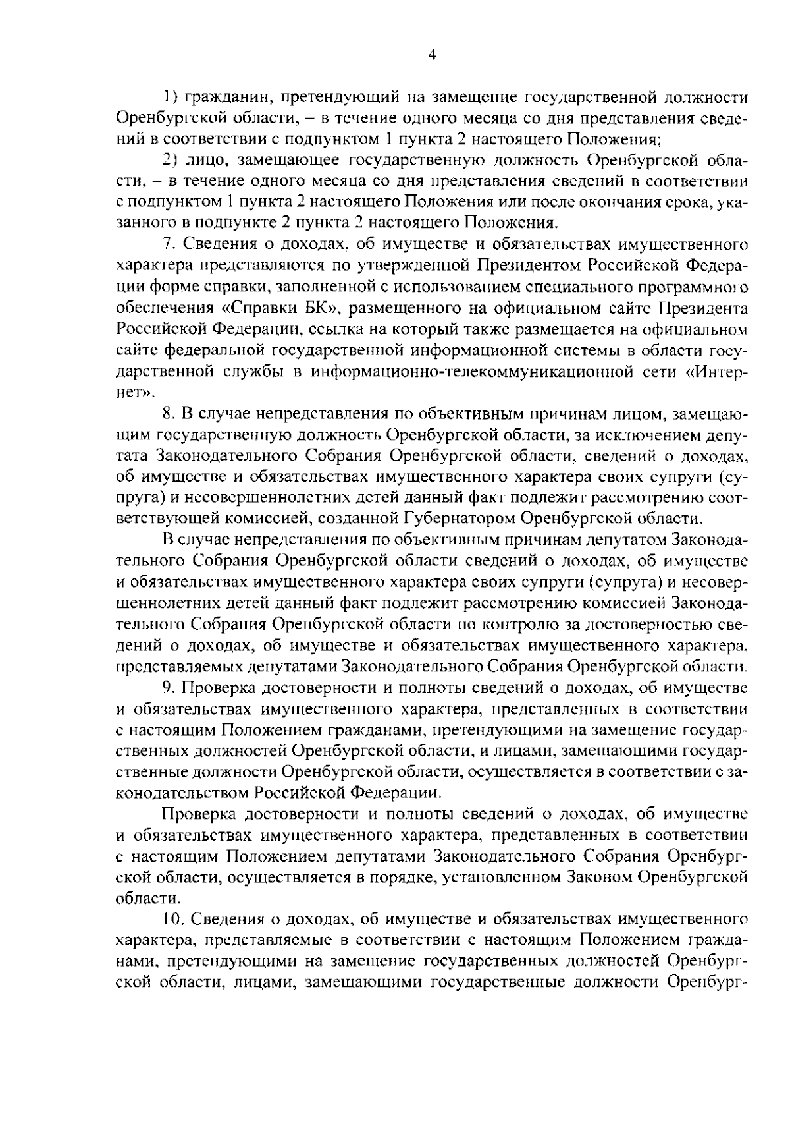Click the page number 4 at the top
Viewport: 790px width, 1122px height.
(433, 56)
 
